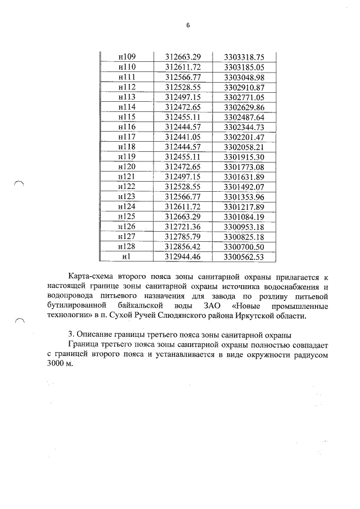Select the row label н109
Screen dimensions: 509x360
tap(127, 57)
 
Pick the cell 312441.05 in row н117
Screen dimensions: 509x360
tap(183, 136)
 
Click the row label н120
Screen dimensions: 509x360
tap(127, 166)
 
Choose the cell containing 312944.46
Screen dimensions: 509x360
tap(183, 256)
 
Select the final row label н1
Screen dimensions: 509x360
tap(127, 256)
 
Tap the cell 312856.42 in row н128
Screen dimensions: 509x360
tap(183, 246)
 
